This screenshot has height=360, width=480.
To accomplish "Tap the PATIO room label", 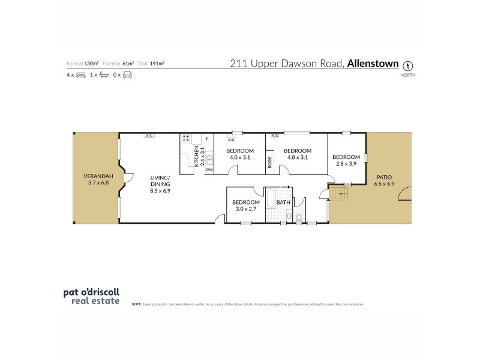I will pyautogui.click(x=385, y=181).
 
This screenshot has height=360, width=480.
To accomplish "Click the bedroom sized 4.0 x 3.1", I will pyautogui.click(x=240, y=154).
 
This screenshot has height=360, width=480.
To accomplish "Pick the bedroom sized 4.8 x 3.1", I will pyautogui.click(x=298, y=154).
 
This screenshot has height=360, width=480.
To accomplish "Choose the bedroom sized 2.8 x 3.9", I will pyautogui.click(x=347, y=160).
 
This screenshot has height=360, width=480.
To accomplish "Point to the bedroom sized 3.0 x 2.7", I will pyautogui.click(x=245, y=206).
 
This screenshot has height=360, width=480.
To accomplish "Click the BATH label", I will pyautogui.click(x=283, y=203).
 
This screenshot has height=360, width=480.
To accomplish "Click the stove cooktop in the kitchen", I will pyautogui.click(x=186, y=139).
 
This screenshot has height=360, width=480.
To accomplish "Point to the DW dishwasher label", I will pyautogui.click(x=209, y=170).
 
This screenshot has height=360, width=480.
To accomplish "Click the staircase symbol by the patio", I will pyautogui.click(x=340, y=192).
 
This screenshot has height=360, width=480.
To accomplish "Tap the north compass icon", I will pyautogui.click(x=409, y=65).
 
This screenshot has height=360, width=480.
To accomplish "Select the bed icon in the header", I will pyautogui.click(x=81, y=74).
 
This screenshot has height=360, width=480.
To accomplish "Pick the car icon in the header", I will pyautogui.click(x=127, y=74).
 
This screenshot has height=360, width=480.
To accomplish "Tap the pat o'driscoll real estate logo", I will pyautogui.click(x=92, y=297).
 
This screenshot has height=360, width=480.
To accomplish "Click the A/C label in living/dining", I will pyautogui.click(x=149, y=136).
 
